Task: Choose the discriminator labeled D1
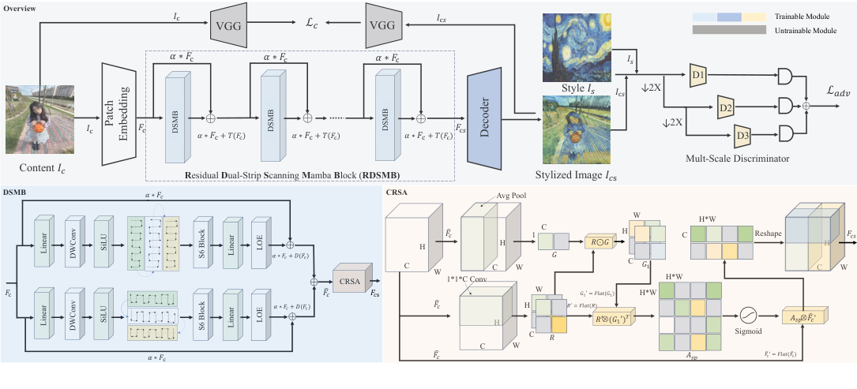(x=697, y=76)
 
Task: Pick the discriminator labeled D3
(x=742, y=135)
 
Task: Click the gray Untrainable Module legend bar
(x=730, y=30)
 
